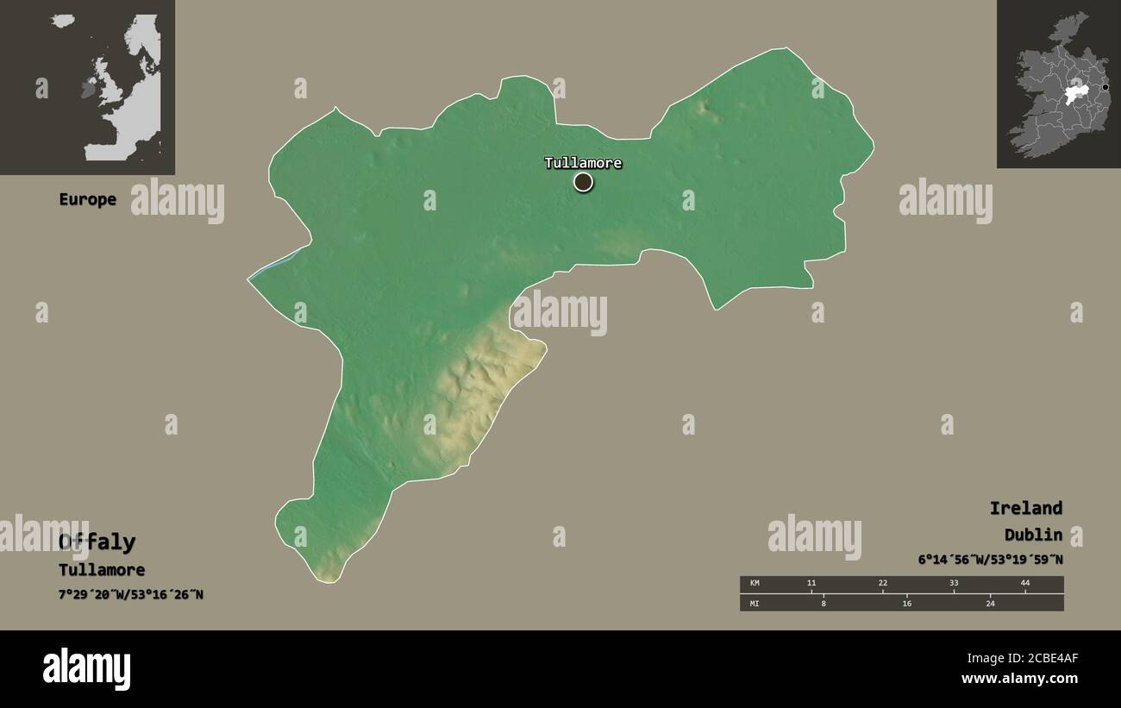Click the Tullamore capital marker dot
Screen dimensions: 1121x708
pos(583,182)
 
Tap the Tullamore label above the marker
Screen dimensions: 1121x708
pos(582,163)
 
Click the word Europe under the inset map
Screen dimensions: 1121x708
pos(87,199)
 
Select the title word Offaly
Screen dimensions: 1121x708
pos(97,542)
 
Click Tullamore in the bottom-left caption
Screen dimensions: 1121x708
pos(102,570)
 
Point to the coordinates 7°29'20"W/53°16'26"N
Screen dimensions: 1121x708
pos(131,594)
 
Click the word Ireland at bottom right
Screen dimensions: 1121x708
pos(1025,508)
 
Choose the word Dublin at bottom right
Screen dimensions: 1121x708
pos(1032,535)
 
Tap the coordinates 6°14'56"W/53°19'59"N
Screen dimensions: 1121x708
pos(990,560)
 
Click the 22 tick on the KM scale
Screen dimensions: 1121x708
pos(882,584)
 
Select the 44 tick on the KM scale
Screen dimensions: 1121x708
pos(1025,584)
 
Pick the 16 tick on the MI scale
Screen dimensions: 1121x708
pos(906,603)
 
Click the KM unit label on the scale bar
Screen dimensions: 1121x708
pos(755,584)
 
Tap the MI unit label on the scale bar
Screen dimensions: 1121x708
pos(755,603)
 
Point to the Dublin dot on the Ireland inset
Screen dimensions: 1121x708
pos(1105,87)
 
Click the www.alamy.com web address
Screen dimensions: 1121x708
pos(1019,679)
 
